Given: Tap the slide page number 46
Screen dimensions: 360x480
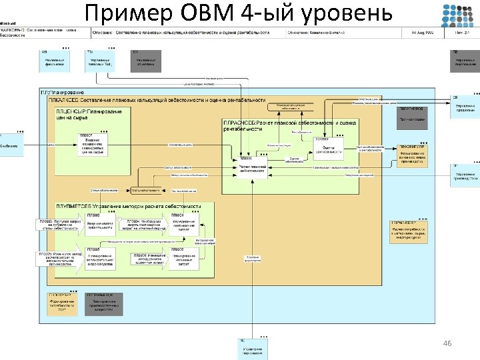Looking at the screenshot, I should tap(447, 343).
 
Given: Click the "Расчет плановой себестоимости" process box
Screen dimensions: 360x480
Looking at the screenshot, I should tap(253, 167).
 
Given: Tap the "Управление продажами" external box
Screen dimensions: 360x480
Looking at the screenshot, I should tap(465, 108).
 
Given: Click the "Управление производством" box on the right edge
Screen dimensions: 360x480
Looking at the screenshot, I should tap(465, 177).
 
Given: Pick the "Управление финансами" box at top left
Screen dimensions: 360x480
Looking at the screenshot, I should tap(55, 62).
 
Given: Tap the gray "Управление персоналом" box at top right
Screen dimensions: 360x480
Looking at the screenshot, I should tap(465, 63).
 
